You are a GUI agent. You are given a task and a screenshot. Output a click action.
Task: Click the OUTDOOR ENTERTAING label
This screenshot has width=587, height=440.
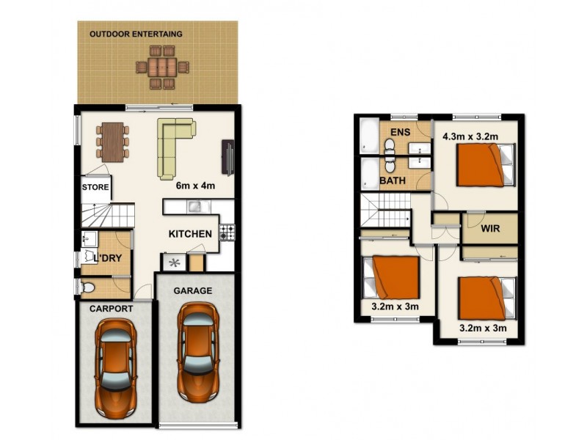click(x=136, y=34)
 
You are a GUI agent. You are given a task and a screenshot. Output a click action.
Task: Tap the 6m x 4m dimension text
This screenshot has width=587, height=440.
click(x=195, y=186)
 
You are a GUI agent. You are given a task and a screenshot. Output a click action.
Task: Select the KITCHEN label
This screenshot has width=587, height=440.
click(x=190, y=234)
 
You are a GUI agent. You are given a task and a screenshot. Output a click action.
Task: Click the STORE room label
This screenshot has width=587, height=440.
click(x=95, y=187)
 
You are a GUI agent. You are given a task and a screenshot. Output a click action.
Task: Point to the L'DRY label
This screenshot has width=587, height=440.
click(x=108, y=258)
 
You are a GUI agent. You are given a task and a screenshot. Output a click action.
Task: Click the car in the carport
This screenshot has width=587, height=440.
click(x=115, y=368)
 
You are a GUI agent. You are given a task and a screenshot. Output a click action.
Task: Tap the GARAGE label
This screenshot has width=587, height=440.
click(x=193, y=290)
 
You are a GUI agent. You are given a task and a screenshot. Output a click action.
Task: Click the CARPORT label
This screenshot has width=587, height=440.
click(x=112, y=309)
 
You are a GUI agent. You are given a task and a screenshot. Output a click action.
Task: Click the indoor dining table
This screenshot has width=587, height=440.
click(x=113, y=142)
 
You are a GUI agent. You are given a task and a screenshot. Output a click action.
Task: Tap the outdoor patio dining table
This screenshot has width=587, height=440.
click(x=162, y=67)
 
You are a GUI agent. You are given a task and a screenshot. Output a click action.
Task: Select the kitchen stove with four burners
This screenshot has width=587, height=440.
click(x=227, y=232)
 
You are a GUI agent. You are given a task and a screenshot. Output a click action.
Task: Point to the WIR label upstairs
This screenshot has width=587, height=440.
click(x=490, y=228)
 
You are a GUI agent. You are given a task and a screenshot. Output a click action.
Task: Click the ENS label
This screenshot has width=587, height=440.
click(x=400, y=132)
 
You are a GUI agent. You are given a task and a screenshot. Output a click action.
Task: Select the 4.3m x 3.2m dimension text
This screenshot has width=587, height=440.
click(x=470, y=136)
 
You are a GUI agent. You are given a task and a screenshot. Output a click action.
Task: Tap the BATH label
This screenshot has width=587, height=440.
click(x=393, y=180)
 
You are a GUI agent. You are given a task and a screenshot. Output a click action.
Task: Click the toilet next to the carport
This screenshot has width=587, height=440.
click(x=87, y=287)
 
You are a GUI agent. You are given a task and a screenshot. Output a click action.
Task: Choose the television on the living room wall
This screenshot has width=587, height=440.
click(x=228, y=157)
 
